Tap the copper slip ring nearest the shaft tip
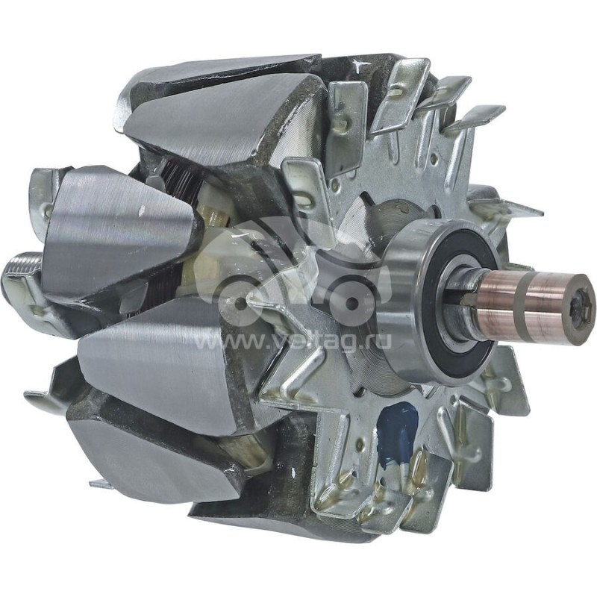click(556, 298)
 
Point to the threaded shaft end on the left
click(22, 269)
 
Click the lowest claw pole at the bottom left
click(149, 455)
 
